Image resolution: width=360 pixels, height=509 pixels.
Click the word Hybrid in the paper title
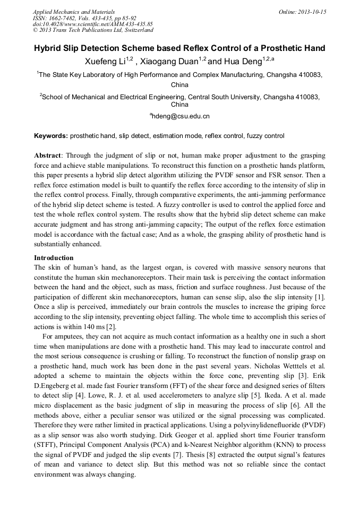click(x=49, y=48)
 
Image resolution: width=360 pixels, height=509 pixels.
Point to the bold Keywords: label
click(x=51, y=136)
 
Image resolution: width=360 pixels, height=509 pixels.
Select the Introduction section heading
click(x=54, y=257)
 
